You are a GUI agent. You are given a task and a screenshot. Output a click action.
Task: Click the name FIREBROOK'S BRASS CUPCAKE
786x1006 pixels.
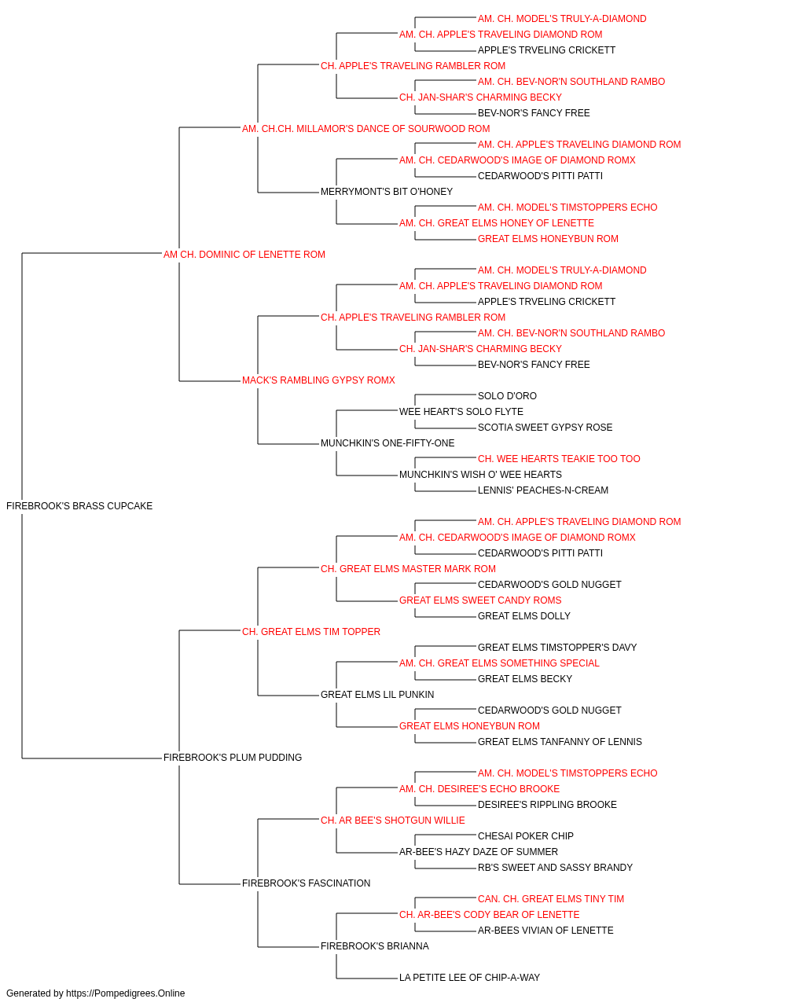click(79, 506)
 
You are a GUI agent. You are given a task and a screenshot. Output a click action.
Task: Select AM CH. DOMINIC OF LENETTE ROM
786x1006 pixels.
click(244, 255)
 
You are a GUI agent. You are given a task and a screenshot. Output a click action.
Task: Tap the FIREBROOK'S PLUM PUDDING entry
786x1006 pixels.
click(233, 758)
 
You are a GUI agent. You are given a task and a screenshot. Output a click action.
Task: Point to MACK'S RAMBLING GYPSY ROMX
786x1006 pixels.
click(318, 380)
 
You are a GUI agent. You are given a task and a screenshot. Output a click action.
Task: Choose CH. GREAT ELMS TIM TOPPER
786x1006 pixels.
click(311, 632)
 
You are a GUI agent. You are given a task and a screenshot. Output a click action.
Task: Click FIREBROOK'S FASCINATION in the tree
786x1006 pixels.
click(306, 883)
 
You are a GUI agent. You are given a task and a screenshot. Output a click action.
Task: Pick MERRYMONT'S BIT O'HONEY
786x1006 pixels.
click(387, 192)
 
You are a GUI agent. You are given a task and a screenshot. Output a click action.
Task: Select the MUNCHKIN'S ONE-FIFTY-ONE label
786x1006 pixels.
click(387, 443)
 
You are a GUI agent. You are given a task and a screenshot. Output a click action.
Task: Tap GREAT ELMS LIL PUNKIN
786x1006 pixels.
click(377, 695)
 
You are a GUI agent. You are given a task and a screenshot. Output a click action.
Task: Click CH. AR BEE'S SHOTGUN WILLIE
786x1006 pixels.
click(392, 821)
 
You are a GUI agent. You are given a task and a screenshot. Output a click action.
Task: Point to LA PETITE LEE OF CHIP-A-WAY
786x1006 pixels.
click(469, 977)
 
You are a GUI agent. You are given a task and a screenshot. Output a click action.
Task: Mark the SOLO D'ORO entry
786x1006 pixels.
click(507, 396)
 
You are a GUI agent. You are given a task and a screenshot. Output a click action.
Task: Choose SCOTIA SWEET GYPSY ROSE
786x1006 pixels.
click(545, 428)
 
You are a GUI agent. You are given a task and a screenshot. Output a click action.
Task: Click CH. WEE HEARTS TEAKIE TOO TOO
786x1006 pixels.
click(559, 459)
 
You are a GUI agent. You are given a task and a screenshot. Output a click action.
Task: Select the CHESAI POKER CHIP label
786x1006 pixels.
click(525, 836)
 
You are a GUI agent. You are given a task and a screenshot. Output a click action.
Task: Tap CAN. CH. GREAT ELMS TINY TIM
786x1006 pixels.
click(551, 899)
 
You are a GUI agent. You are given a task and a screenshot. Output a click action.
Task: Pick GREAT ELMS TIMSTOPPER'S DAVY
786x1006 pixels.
click(556, 647)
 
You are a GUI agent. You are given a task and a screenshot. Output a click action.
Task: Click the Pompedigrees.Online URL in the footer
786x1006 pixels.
click(125, 993)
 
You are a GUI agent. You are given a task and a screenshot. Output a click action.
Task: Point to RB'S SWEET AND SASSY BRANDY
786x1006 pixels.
click(555, 868)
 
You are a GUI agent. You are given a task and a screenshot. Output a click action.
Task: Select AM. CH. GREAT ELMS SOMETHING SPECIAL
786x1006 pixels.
click(499, 663)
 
